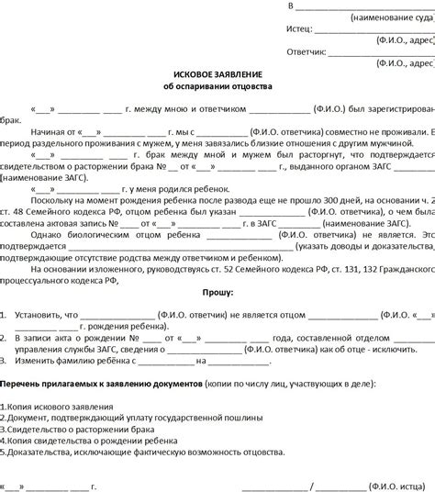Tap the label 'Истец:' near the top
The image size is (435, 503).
(x=298, y=29)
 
